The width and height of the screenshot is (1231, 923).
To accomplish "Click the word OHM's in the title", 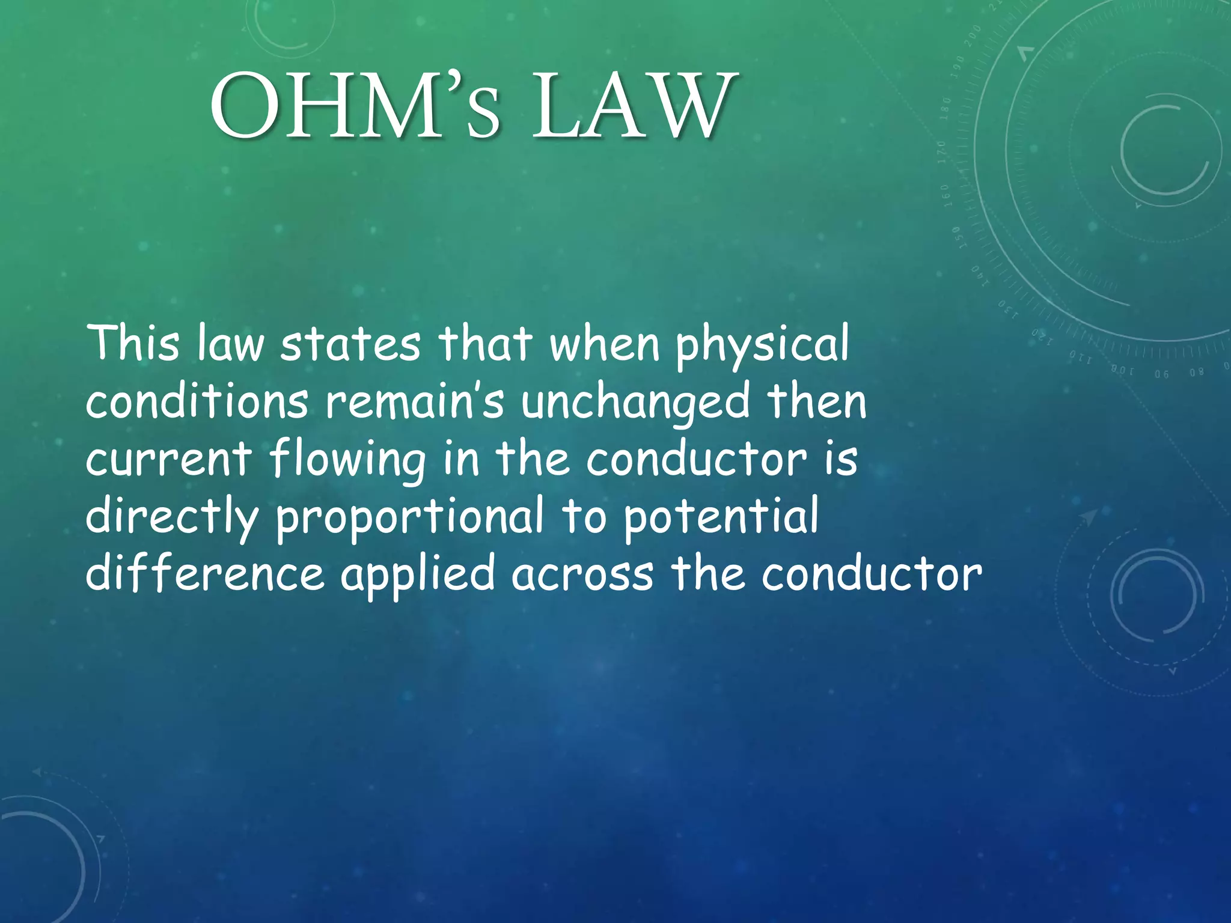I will [x=355, y=106].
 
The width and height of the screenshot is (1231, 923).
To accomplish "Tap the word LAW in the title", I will [x=634, y=106].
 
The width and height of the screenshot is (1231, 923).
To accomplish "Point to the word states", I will [x=350, y=344].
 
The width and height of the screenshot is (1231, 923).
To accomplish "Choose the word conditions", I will [x=197, y=401].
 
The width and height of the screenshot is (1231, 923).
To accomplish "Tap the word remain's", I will [x=415, y=402].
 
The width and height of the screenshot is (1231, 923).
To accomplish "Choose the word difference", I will [x=205, y=573].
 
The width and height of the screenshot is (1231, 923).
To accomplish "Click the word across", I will [x=582, y=574].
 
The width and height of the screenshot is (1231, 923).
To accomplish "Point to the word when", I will [x=605, y=344].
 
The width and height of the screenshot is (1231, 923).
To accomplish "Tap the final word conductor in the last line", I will [x=872, y=574].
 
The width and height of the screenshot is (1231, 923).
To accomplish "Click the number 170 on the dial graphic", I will [x=941, y=152].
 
